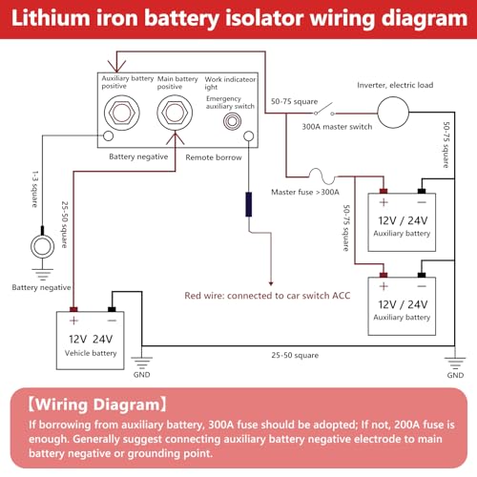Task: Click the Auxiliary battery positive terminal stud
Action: point(122,113)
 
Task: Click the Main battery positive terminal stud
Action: point(175,113)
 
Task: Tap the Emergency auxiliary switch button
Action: point(232,121)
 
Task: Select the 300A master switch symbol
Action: point(323,110)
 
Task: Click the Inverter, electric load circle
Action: point(393,113)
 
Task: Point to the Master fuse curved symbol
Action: point(322,176)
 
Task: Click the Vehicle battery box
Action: point(91,341)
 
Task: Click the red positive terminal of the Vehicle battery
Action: point(73,309)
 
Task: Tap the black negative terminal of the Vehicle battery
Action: point(112,309)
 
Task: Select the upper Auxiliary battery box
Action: point(402,222)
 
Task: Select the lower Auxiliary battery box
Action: point(402,306)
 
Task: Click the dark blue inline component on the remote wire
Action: point(249,204)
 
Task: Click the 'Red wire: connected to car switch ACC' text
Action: point(267,296)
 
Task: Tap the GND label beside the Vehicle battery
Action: point(141,375)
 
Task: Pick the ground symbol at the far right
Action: point(455,363)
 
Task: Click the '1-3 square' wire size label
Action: point(35,189)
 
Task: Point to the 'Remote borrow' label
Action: point(214,157)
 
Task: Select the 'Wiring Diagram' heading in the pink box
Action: point(97,404)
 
